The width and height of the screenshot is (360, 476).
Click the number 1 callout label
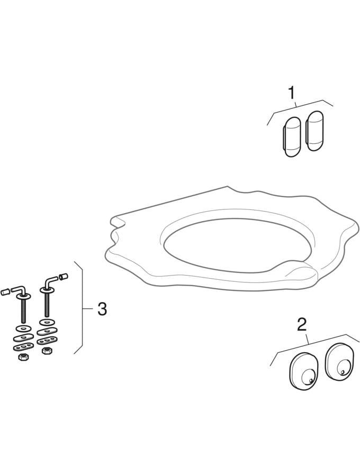coord(291,93)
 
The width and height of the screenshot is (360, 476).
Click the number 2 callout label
coord(301,324)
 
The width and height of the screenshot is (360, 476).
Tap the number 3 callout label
coord(102,309)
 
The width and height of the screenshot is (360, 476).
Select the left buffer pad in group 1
coord(292,137)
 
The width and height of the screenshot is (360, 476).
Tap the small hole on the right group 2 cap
coord(344,372)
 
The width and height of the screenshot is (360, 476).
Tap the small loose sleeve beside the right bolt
coord(64,276)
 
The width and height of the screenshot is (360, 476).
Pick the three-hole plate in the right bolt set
coord(48,340)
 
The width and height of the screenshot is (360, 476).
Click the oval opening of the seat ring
coord(228,246)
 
